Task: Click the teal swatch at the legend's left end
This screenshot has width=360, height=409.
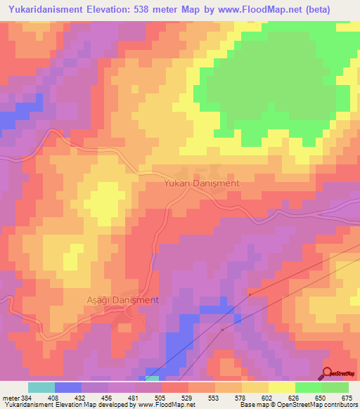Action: pos(41,387)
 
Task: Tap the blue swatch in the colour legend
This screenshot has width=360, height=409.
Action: pos(68,387)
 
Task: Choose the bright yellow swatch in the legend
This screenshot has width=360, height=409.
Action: pos(281,387)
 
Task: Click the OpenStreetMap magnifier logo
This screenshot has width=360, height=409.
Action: pos(328,373)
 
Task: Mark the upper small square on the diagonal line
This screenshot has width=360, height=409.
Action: pos(249,295)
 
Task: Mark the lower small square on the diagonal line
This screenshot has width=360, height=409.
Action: pos(223,329)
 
